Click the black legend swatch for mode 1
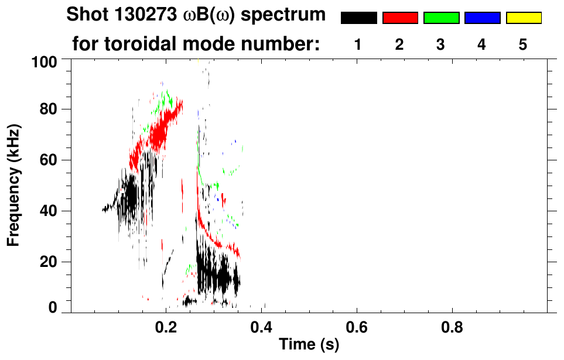[358, 18]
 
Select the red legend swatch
[400, 18]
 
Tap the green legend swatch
[441, 18]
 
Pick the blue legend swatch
[482, 18]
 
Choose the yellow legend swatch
[523, 18]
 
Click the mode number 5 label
[523, 44]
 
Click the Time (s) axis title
[309, 345]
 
